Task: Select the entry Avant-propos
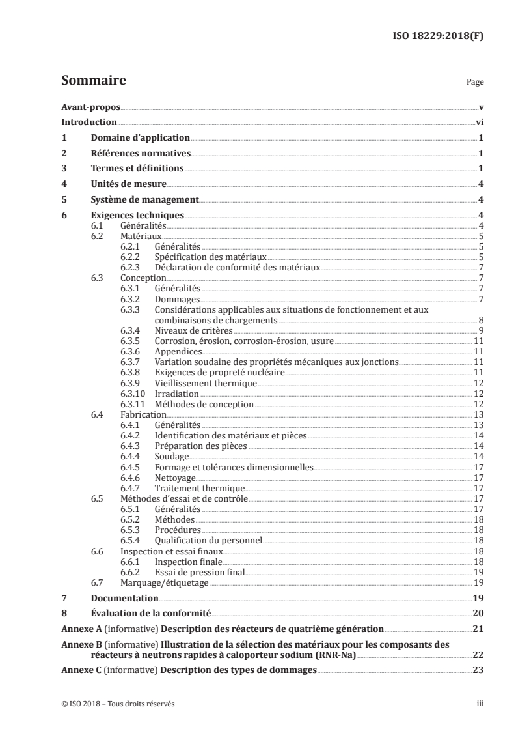click(90, 107)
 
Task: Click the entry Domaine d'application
click(140, 138)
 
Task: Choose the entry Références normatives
click(140, 154)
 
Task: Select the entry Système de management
click(144, 200)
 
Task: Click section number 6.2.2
click(131, 257)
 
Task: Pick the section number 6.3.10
click(133, 394)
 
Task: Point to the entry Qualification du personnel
click(208, 539)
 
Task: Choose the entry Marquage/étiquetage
click(165, 582)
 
